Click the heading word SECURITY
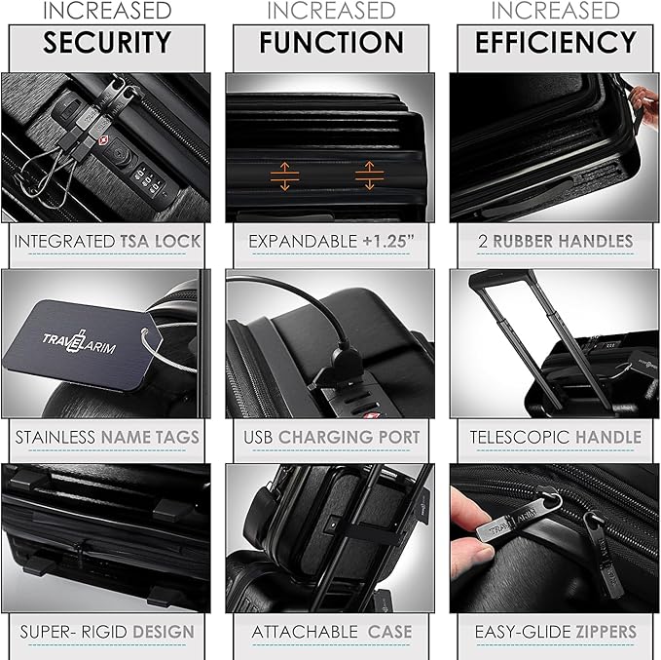106,43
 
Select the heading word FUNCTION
331,43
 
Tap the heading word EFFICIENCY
555,43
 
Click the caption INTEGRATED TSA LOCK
107,241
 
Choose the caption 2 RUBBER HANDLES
554,241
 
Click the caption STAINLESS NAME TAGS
107,437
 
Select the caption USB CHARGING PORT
330,437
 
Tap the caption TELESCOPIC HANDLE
555,437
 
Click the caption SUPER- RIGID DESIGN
107,632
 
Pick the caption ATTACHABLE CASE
330,632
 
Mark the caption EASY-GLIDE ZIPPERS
555,632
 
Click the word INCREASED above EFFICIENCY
555,11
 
